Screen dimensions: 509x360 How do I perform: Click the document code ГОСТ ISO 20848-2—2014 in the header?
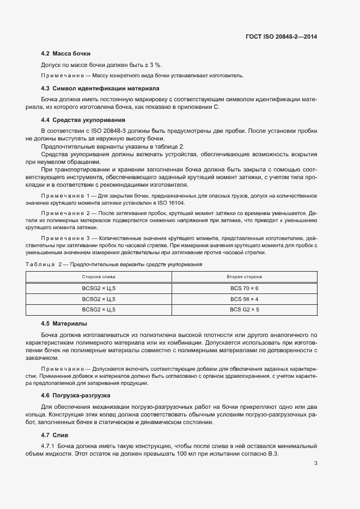click(x=282, y=36)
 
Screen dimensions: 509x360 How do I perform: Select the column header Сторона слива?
click(x=99, y=277)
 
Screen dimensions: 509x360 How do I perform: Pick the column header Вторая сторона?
click(x=244, y=277)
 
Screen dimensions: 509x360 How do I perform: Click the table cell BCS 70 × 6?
click(x=244, y=288)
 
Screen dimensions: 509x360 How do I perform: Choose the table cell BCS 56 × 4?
click(x=244, y=299)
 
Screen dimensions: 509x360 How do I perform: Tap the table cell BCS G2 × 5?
click(x=244, y=310)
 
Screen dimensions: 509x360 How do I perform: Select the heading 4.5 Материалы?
click(x=64, y=323)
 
